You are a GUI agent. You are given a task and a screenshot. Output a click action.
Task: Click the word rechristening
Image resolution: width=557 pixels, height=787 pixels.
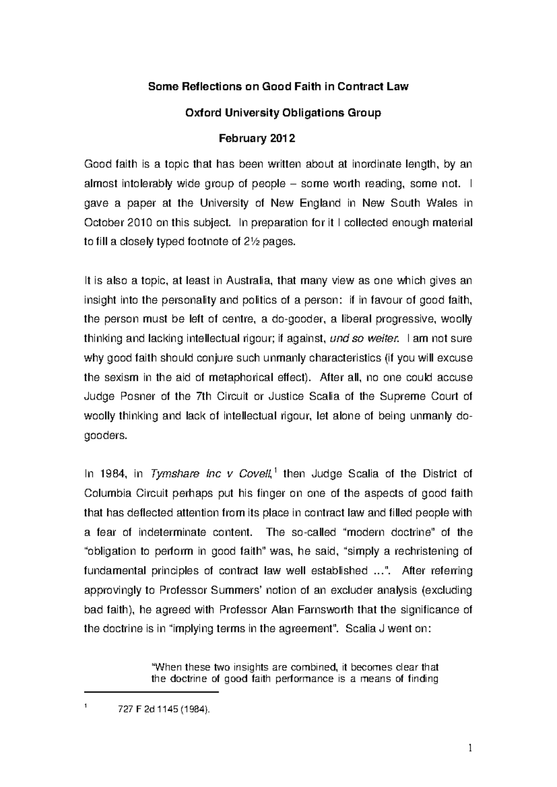[x=423, y=551]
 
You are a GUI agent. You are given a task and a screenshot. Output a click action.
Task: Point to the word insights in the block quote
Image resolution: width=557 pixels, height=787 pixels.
[x=248, y=667]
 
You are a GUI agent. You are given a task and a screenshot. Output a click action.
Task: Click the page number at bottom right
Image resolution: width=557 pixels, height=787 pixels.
[x=470, y=748]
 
